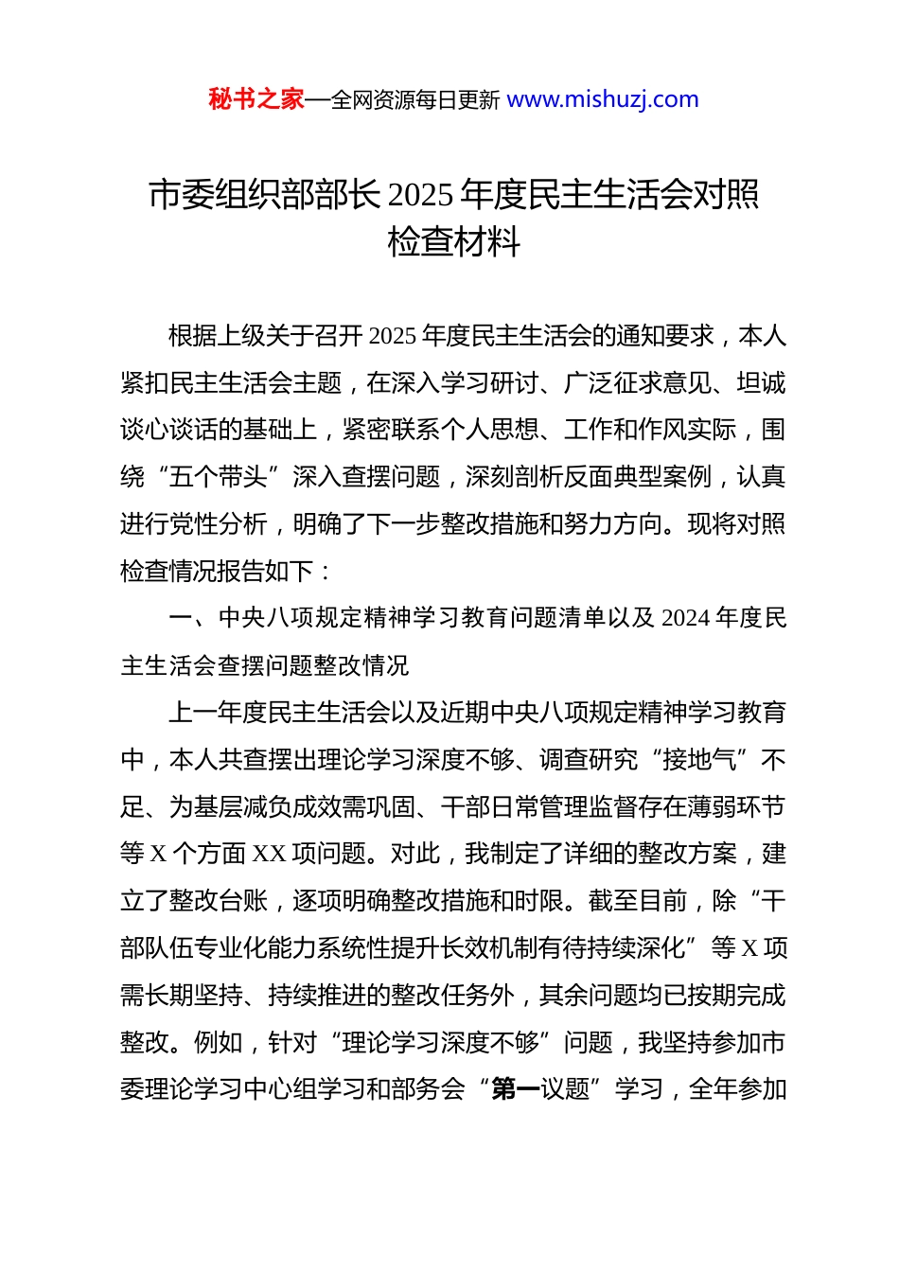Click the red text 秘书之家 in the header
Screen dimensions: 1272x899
click(256, 99)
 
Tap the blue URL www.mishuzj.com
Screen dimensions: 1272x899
click(603, 99)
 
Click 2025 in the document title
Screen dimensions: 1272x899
click(420, 195)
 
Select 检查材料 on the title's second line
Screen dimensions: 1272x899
click(454, 242)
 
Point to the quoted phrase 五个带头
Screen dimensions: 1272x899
click(219, 477)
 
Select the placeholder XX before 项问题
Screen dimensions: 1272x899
click(270, 854)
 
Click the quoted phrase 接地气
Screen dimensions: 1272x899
click(700, 760)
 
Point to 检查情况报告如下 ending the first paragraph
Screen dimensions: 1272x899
click(217, 572)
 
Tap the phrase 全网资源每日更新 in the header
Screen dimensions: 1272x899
click(414, 100)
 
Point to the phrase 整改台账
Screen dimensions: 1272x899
click(219, 901)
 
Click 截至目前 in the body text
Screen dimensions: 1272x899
click(638, 901)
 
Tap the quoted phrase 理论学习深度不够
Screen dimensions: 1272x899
click(441, 1043)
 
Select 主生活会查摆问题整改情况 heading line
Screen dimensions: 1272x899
click(265, 665)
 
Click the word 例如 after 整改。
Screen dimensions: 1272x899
click(219, 1043)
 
